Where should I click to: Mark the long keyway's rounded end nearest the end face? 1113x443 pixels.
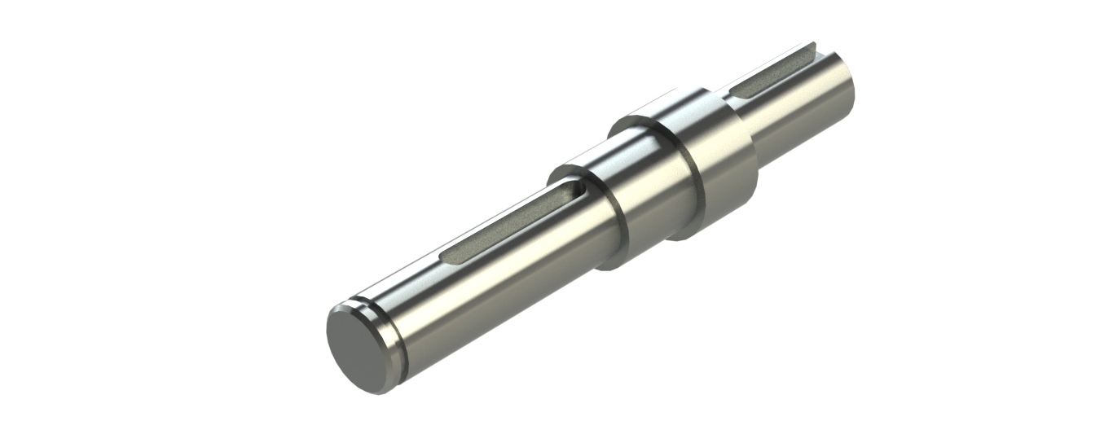[x=447, y=258]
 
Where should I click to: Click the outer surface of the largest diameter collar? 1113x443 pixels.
[x=717, y=163]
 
